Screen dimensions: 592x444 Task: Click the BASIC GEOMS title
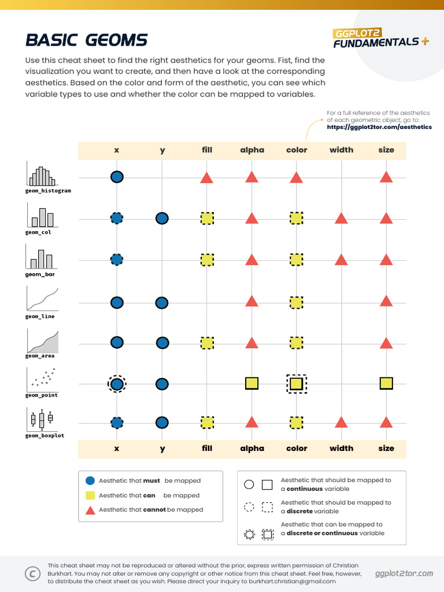click(x=87, y=40)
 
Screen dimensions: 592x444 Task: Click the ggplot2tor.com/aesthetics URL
click(x=379, y=127)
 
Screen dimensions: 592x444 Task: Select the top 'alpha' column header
click(x=252, y=150)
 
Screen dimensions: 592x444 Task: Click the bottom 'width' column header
click(x=341, y=448)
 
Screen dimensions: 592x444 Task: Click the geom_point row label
click(x=42, y=395)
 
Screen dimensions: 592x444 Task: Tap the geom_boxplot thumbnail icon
click(x=42, y=419)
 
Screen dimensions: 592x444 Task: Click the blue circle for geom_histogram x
click(x=117, y=177)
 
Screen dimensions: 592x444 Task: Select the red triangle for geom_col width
click(x=341, y=218)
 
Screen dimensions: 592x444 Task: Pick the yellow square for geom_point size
click(x=386, y=383)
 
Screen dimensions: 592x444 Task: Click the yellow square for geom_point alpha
click(x=251, y=383)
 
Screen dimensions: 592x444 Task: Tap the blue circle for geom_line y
click(x=162, y=302)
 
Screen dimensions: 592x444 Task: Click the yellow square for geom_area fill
click(x=207, y=343)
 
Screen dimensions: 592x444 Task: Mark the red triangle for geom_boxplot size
click(x=386, y=422)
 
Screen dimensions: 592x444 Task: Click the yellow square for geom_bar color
click(x=296, y=260)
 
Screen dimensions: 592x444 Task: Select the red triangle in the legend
click(x=90, y=510)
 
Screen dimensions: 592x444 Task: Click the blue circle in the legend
click(x=90, y=480)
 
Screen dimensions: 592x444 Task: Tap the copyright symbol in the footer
click(x=32, y=573)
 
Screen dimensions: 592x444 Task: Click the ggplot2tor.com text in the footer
click(x=404, y=573)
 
